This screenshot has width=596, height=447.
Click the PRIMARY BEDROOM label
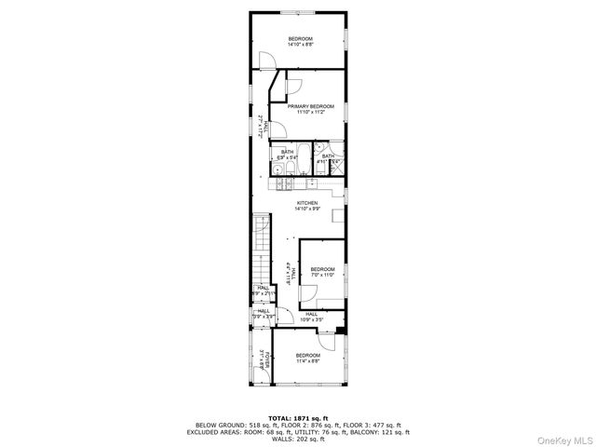click(x=310, y=107)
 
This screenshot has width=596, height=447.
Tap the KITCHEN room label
click(x=307, y=203)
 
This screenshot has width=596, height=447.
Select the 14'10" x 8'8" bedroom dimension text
click(x=301, y=44)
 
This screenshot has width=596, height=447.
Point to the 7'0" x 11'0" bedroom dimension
click(x=321, y=275)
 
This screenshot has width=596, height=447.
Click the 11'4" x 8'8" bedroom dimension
click(x=307, y=360)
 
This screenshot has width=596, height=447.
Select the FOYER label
click(x=264, y=358)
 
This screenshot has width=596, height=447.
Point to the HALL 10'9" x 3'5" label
click(x=311, y=318)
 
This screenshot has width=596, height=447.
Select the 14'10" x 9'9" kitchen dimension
click(x=307, y=210)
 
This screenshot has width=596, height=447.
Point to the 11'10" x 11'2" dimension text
click(x=310, y=113)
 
